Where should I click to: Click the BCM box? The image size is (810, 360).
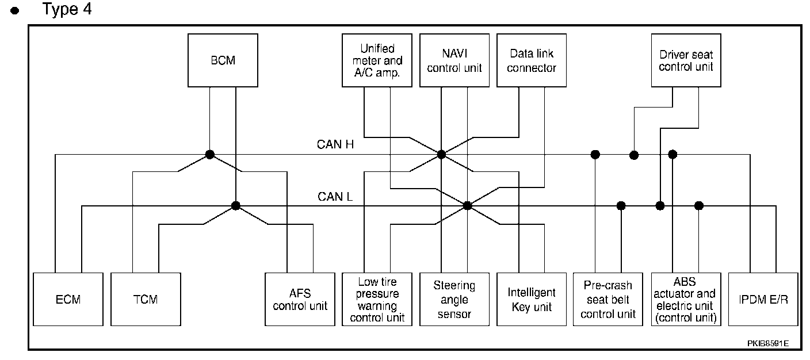[x=223, y=60]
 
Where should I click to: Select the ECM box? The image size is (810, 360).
[x=68, y=299]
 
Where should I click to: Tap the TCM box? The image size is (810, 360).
[x=146, y=299]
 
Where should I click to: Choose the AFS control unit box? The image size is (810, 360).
[x=300, y=299]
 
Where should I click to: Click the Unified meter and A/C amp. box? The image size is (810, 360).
[x=377, y=60]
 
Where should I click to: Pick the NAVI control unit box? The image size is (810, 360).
[x=454, y=60]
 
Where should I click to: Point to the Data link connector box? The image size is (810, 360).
[x=532, y=60]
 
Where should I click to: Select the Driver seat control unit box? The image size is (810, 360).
[x=686, y=60]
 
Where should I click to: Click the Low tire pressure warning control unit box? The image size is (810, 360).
[x=377, y=299]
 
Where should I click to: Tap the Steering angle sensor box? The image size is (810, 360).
[x=454, y=299]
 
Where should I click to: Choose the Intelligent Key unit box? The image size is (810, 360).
[x=532, y=299]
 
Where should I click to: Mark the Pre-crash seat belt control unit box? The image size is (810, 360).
[x=608, y=299]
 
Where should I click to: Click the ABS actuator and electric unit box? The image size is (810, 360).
[x=686, y=299]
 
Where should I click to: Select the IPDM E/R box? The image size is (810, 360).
[x=763, y=299]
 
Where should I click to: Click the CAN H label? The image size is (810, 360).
[x=335, y=144]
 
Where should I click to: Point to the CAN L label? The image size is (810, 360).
[x=335, y=197]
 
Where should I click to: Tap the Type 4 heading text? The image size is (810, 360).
[x=67, y=9]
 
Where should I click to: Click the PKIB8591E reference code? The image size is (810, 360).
[x=768, y=343]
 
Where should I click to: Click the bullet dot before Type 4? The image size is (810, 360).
[x=15, y=11]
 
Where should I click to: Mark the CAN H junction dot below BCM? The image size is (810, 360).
[x=210, y=155]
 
